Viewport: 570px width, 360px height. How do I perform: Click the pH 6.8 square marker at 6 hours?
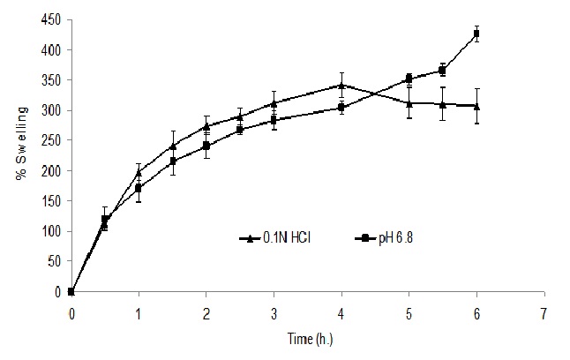(x=476, y=34)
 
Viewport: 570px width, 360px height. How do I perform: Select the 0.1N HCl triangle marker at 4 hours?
(x=341, y=85)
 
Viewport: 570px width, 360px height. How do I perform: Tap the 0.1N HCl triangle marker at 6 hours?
(x=476, y=106)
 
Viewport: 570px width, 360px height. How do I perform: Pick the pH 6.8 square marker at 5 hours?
(x=409, y=79)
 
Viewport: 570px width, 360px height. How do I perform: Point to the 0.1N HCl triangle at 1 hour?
(x=139, y=172)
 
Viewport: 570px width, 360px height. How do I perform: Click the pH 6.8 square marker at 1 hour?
(x=139, y=188)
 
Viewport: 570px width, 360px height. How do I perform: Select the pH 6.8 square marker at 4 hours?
(x=341, y=107)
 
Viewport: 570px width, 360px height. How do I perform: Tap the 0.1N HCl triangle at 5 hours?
(x=409, y=103)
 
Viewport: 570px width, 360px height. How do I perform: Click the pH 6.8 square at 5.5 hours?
(x=442, y=71)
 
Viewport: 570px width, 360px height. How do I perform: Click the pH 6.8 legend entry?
(x=385, y=237)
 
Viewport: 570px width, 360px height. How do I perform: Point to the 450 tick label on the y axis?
(x=52, y=19)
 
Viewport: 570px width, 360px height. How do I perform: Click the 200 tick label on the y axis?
(x=52, y=170)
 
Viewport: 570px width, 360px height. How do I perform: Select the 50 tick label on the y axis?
(x=55, y=261)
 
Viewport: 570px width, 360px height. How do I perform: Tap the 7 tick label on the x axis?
(x=544, y=312)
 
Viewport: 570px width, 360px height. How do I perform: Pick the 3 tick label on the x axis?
(x=274, y=312)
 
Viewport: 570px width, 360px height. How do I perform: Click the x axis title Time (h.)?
(x=306, y=338)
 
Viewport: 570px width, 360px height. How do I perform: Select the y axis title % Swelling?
(x=19, y=155)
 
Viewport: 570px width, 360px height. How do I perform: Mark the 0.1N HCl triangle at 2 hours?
(x=206, y=126)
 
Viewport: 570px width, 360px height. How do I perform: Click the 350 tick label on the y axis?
(x=52, y=80)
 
